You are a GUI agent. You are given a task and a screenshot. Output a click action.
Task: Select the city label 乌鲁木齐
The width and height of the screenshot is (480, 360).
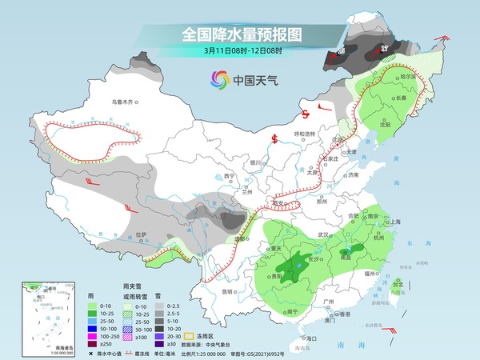(125, 102)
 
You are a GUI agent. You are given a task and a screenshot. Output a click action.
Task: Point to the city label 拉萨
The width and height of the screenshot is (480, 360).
(142, 234)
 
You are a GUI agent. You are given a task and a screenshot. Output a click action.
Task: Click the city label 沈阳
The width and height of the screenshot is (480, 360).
(386, 125)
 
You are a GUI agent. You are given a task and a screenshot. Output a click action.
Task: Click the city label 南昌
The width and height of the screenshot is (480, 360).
(346, 258)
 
